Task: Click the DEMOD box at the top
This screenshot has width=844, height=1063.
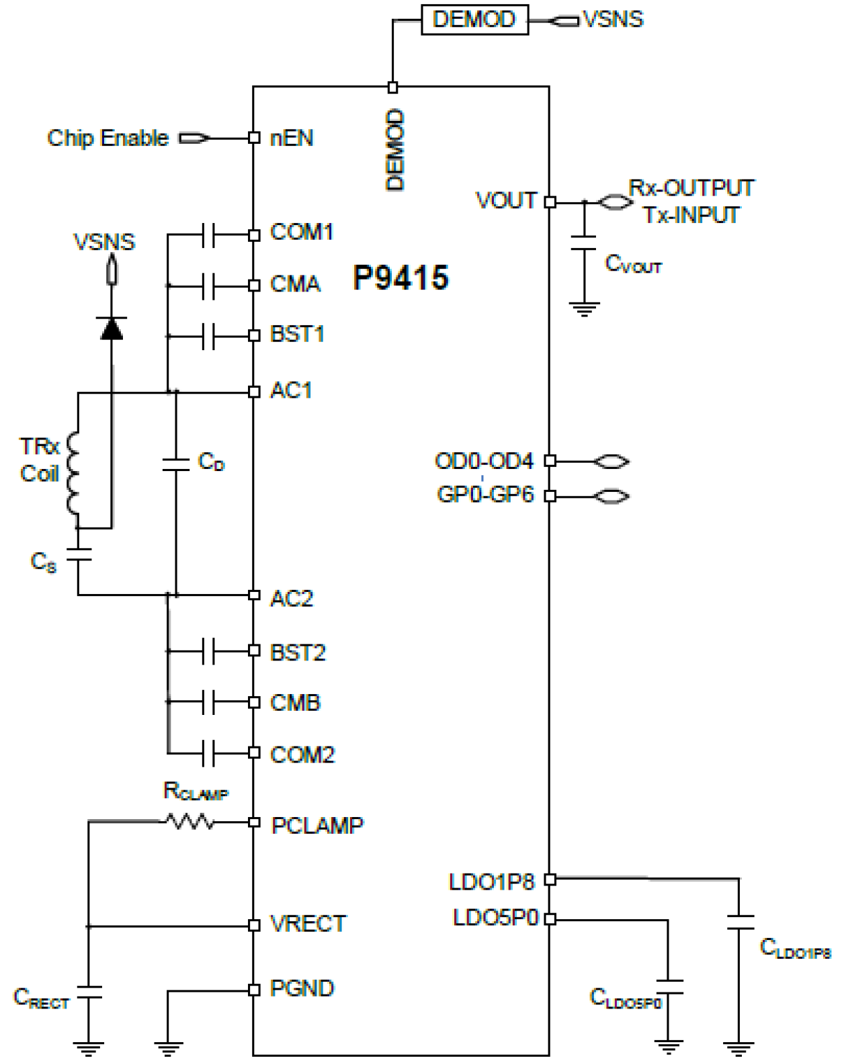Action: [474, 20]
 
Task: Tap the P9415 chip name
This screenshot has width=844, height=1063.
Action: [400, 278]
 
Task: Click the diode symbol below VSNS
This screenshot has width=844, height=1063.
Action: [112, 328]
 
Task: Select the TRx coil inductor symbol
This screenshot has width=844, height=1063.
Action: [73, 474]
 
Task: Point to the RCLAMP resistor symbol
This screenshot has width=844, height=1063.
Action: [190, 821]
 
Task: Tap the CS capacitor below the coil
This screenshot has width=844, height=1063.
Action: [78, 555]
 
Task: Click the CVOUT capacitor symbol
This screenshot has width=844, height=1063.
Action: [584, 243]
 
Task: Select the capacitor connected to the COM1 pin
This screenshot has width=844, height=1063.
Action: [208, 235]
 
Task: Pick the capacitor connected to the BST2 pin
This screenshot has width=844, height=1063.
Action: [208, 651]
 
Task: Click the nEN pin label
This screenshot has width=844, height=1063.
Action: [292, 138]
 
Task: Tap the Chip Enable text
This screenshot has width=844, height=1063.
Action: [108, 138]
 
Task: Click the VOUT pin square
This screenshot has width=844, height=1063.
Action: [550, 202]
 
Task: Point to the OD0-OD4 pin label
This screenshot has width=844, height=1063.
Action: [484, 462]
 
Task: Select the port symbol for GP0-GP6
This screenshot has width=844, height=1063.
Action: [611, 497]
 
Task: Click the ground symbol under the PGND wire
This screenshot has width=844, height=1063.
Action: [168, 1047]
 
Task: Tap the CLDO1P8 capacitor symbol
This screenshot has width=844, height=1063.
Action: [739, 922]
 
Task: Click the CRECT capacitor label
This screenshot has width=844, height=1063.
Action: [42, 998]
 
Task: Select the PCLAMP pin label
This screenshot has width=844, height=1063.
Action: [317, 825]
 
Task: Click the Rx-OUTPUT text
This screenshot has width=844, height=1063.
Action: [691, 188]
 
